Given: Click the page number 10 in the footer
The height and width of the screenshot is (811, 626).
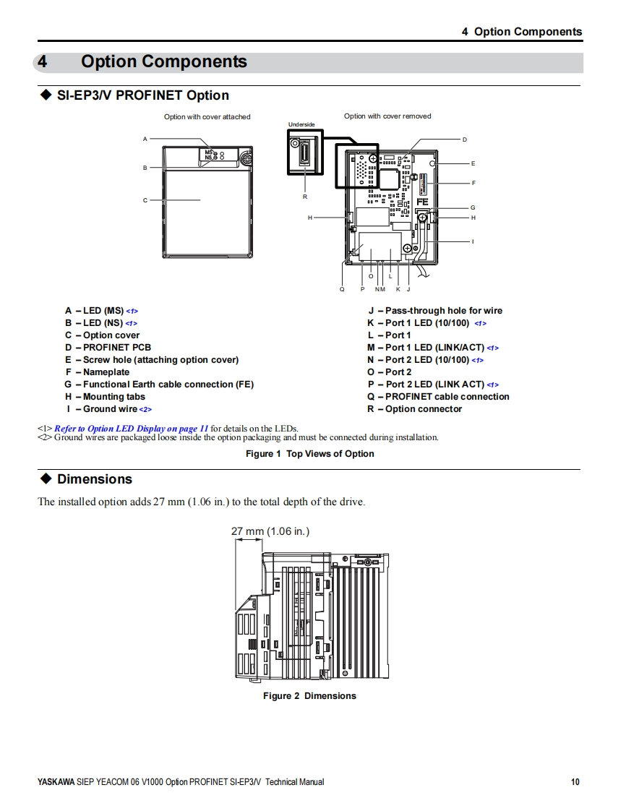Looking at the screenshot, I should coord(575,781).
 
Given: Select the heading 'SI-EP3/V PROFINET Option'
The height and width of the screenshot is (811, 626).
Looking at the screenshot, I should coord(143,95).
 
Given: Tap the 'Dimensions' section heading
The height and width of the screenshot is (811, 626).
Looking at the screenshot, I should coord(95,479).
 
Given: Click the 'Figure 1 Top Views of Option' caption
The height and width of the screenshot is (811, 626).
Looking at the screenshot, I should coord(310,454).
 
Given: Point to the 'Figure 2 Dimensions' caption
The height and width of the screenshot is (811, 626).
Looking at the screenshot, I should coord(309,696).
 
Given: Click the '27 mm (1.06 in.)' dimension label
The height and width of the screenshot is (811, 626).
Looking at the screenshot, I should coord(270,531).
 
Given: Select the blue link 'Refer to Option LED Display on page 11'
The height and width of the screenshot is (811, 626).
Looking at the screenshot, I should coord(132,429).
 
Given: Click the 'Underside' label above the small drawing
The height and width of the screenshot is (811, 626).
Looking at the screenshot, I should coord(301,125).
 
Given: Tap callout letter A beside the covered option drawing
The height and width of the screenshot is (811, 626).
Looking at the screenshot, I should coord(145,139).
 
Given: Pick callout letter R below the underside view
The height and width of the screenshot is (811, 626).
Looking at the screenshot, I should coord(305,197).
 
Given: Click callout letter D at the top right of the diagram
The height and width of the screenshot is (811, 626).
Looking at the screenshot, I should coord(465,139).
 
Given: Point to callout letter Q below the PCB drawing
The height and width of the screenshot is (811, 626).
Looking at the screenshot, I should coord(343,289).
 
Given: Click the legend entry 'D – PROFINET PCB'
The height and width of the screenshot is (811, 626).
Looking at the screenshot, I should coord(108,348).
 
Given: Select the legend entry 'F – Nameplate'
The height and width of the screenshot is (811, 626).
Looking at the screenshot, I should coord(98,372).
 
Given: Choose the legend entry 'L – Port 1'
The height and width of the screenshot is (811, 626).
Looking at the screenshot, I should coord(389,335).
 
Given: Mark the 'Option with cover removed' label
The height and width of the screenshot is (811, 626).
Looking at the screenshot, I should coord(387,116).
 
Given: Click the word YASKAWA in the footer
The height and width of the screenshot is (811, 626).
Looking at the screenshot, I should coord(56,782).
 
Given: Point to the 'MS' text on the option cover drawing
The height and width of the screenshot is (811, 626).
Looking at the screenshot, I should coord(209,152).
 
